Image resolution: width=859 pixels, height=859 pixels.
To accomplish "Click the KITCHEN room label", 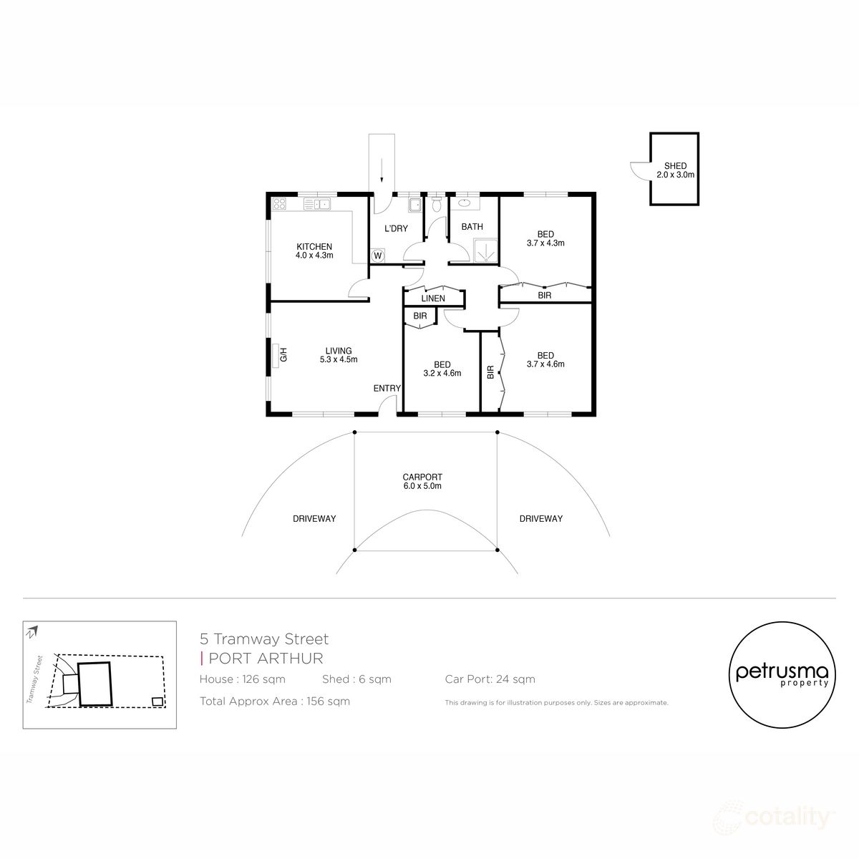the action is [x=314, y=246].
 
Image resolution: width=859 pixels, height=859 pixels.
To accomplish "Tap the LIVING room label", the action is [x=339, y=351].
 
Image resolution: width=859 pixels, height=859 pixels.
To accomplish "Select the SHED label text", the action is [x=675, y=166].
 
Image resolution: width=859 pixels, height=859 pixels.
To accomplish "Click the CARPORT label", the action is [x=422, y=477].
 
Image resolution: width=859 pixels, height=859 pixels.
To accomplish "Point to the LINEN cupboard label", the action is [x=433, y=299].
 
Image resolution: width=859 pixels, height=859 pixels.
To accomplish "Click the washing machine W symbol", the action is [x=377, y=256].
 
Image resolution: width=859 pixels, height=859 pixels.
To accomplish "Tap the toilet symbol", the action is [x=437, y=204].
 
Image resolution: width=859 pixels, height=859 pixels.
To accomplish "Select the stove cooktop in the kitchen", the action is [x=279, y=204].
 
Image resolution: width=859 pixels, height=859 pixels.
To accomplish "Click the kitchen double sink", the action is [x=316, y=204].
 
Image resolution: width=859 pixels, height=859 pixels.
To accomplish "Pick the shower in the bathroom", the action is [x=485, y=253].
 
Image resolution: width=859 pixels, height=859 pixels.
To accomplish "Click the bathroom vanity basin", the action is [x=464, y=204].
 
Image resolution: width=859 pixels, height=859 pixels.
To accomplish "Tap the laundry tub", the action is [x=415, y=205].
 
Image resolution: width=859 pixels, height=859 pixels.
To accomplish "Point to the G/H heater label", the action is [x=283, y=355].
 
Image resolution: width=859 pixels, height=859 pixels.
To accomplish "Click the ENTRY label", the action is [x=387, y=388].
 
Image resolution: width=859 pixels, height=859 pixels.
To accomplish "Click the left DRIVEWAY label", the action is [x=314, y=518].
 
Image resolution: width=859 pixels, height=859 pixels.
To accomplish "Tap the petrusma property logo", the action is [x=782, y=675].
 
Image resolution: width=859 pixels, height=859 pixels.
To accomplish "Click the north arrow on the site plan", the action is [x=32, y=632].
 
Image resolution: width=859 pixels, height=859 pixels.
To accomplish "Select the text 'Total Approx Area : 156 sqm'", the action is [x=275, y=702].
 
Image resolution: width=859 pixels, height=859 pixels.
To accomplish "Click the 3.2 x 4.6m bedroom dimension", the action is [x=442, y=373].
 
